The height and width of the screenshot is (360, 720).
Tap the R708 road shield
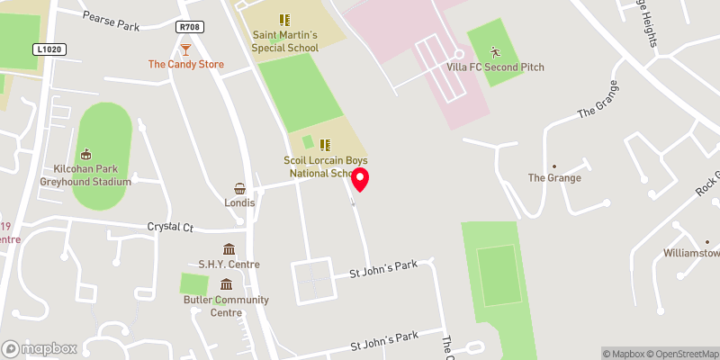(x=190, y=28)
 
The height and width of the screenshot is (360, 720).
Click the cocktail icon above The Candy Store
(x=186, y=49)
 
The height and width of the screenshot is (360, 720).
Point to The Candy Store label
(x=186, y=65)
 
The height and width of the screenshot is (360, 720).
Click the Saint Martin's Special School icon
(x=284, y=19)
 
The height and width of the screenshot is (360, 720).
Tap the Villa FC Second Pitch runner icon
(x=494, y=52)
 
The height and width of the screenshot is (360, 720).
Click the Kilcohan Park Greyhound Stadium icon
(x=86, y=154)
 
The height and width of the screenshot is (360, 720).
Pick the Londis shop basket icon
(x=240, y=188)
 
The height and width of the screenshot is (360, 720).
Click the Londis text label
(x=240, y=202)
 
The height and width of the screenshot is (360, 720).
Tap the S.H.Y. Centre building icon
(x=229, y=249)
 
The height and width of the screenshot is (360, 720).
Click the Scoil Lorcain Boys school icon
(x=325, y=144)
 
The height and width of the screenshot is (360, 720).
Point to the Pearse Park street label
(x=111, y=21)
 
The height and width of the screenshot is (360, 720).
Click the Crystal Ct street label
(x=170, y=228)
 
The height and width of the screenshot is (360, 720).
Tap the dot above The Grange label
(x=553, y=166)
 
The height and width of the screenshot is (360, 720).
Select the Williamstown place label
(x=691, y=254)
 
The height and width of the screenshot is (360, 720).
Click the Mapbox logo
(x=39, y=348)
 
